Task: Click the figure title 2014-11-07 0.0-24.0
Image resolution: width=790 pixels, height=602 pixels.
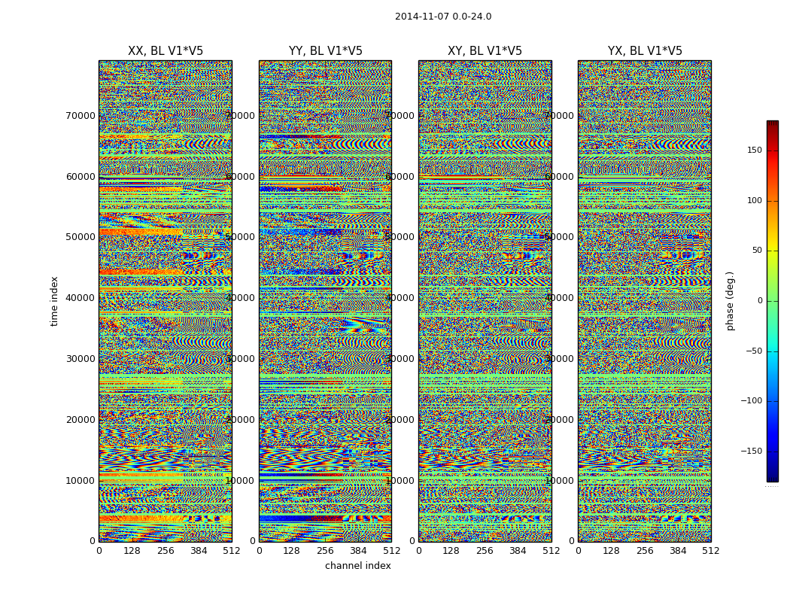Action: tap(443, 17)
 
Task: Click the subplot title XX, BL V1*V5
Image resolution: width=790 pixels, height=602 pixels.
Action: tap(166, 51)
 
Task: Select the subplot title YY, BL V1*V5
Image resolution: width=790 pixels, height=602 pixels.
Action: tap(325, 51)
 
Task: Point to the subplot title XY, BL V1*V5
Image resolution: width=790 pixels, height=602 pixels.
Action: tap(485, 51)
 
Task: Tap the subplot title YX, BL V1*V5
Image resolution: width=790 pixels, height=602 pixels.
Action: tap(645, 51)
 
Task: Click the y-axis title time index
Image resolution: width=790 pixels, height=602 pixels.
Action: tap(54, 301)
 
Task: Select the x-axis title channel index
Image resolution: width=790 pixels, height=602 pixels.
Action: tap(358, 566)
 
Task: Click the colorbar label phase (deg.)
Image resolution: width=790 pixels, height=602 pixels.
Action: tap(730, 301)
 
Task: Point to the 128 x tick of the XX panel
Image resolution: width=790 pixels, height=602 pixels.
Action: tap(132, 551)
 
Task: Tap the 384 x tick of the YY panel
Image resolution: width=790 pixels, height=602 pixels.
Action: tap(358, 551)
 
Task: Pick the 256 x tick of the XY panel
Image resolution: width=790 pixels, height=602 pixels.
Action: tap(485, 551)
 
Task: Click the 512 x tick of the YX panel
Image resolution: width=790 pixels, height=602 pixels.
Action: tap(711, 551)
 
